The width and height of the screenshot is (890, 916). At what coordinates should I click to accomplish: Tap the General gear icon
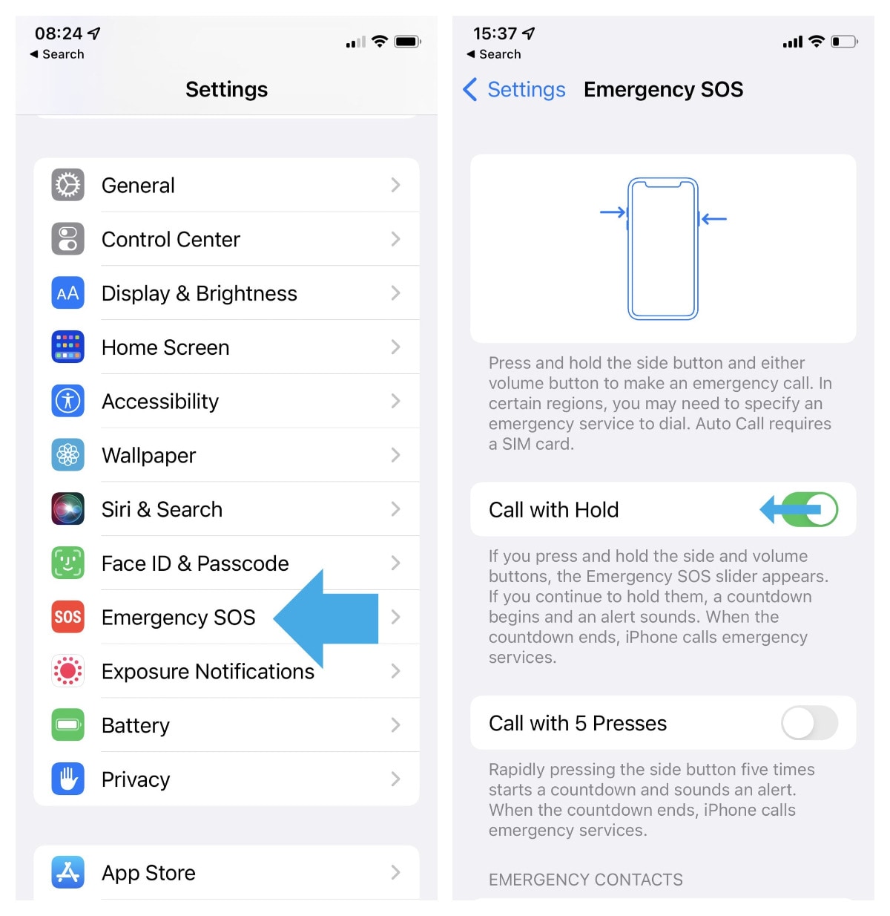click(x=67, y=185)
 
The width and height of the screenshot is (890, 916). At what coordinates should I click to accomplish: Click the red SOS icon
click(x=67, y=617)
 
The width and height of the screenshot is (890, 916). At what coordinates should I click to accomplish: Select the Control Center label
click(x=171, y=239)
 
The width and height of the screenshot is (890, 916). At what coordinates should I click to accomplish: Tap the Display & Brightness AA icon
click(x=67, y=293)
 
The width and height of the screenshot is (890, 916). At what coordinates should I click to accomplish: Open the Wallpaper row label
click(x=148, y=455)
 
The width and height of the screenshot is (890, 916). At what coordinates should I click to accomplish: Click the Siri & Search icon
click(x=67, y=509)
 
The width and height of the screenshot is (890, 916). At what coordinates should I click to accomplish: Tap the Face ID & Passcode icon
click(x=67, y=563)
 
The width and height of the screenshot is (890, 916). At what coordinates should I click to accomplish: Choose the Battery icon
click(x=67, y=725)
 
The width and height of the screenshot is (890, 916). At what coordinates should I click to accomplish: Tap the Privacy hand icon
click(x=67, y=779)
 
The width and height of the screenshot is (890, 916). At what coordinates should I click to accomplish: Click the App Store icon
click(x=67, y=872)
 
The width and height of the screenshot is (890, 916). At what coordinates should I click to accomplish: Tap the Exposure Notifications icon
click(x=67, y=671)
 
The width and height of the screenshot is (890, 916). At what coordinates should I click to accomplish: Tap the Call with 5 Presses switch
click(x=809, y=723)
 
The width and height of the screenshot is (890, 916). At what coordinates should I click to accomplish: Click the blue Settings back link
click(x=515, y=90)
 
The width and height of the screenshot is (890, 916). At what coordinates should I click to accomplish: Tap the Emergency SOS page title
click(x=663, y=90)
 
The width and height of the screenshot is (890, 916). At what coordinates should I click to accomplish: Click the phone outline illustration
click(x=663, y=249)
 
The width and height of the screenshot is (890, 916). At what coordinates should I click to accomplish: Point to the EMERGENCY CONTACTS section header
click(x=585, y=880)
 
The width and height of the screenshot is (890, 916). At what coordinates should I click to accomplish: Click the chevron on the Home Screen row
click(x=395, y=347)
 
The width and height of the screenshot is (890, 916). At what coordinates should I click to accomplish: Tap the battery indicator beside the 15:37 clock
click(x=844, y=42)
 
